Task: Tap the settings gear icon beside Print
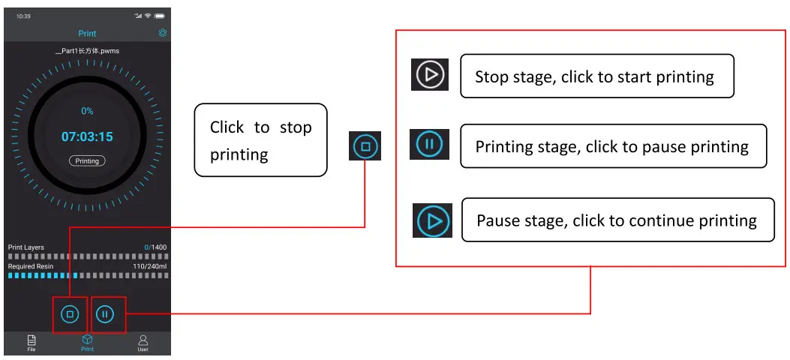[163, 33]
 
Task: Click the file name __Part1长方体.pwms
[87, 51]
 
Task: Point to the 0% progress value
[87, 111]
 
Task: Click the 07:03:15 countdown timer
[87, 136]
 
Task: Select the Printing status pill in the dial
[87, 160]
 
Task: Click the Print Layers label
[26, 247]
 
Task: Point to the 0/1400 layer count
[155, 247]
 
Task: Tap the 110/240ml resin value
[149, 266]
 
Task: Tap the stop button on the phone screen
[70, 315]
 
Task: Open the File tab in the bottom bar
[32, 343]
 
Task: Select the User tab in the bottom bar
[143, 343]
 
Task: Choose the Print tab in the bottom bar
[87, 343]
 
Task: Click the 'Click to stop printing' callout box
[260, 140]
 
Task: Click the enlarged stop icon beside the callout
[365, 146]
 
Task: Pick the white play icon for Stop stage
[430, 75]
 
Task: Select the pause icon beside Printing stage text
[430, 144]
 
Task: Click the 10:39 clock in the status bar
[23, 16]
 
